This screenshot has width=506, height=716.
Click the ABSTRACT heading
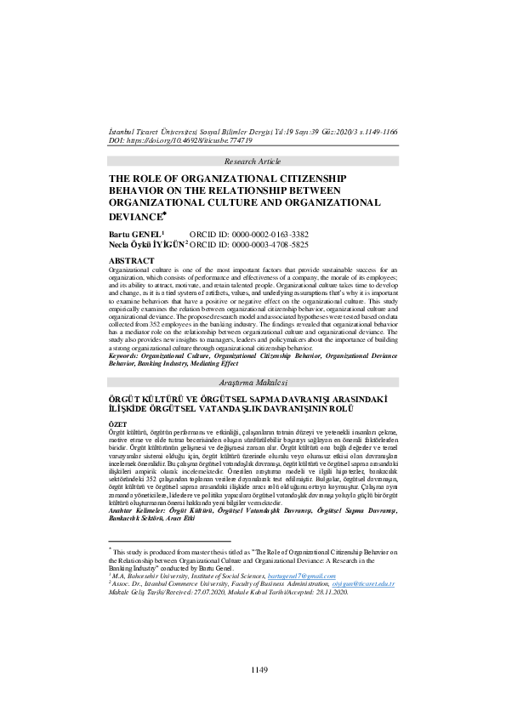(x=132, y=259)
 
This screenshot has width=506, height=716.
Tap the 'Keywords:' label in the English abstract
(x=127, y=355)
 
